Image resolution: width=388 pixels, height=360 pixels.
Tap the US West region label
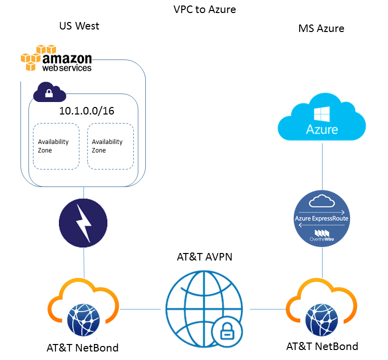coord(79,26)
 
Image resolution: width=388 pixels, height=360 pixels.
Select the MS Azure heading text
coord(321,28)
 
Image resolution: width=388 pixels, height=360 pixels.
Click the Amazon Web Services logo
coord(56,58)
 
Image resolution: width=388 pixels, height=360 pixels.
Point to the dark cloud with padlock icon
coord(49,92)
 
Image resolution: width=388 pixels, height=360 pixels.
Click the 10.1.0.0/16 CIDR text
coord(86,111)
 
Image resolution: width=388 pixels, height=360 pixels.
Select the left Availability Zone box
coord(56,146)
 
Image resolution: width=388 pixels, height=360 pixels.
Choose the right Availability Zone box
coord(110,146)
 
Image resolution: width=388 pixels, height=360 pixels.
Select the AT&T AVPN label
coord(205,257)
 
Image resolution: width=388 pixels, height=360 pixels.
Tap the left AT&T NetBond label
coord(83,347)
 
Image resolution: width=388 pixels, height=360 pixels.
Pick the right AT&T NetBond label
coord(322,346)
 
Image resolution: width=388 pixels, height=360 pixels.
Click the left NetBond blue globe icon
coord(83,318)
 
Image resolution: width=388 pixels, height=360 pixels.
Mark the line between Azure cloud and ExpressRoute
coord(322,165)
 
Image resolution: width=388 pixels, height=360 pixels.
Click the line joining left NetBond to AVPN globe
coord(142,309)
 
